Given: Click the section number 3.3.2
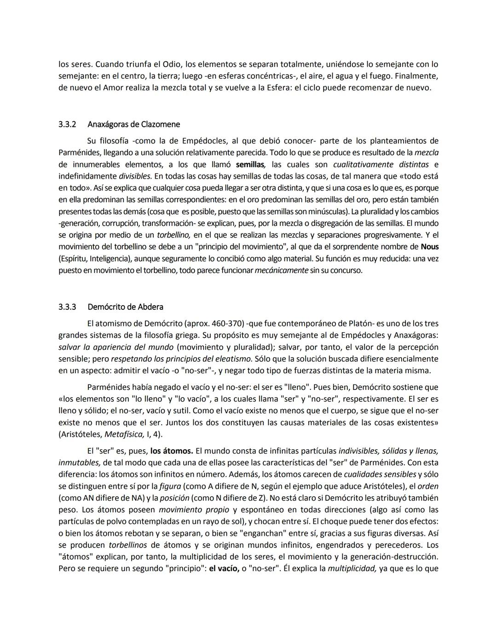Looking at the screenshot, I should pyautogui.click(x=67, y=124).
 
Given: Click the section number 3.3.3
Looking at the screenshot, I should pyautogui.click(x=67, y=307).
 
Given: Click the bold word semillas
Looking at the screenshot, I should pyautogui.click(x=250, y=164).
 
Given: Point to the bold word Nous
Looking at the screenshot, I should pyautogui.click(x=429, y=247).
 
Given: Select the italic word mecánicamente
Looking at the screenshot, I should pyautogui.click(x=281, y=270).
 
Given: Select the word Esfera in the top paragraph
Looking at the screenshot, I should pyautogui.click(x=278, y=87).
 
